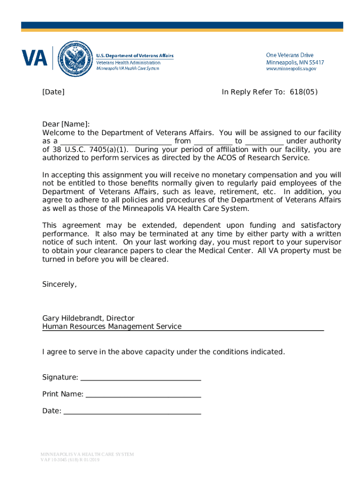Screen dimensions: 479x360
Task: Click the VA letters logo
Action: coord(35,58)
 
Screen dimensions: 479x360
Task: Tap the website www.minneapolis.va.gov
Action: coord(291,69)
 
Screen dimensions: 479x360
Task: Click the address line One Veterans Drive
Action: coord(289,55)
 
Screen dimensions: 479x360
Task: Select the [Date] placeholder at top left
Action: coord(53,92)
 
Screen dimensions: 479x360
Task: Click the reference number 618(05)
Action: coord(303,92)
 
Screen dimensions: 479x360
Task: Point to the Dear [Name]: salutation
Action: coord(65,124)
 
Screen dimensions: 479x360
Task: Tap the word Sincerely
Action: coord(59,284)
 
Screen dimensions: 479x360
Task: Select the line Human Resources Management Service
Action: coord(112,327)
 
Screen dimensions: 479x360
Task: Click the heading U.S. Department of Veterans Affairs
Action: coord(135,56)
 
